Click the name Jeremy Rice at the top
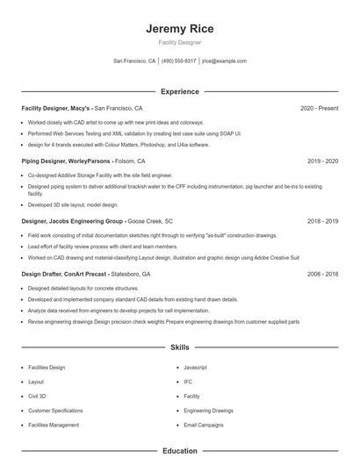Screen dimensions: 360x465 click(x=179, y=29)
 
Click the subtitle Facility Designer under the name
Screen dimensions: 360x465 click(x=179, y=42)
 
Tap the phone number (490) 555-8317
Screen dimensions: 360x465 click(x=179, y=61)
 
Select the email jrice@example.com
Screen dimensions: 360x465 click(x=224, y=61)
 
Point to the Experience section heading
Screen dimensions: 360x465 click(x=179, y=91)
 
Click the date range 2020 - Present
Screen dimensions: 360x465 click(x=319, y=108)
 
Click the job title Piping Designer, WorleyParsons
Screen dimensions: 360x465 click(x=66, y=161)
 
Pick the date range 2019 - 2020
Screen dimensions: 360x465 click(x=322, y=161)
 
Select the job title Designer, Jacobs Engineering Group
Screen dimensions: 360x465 click(x=72, y=221)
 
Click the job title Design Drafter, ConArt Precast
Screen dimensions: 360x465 click(x=65, y=274)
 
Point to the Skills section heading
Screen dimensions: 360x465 click(x=179, y=347)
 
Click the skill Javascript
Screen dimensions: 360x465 click(x=195, y=368)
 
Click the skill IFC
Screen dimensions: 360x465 click(x=188, y=382)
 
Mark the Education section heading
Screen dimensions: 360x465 click(x=179, y=451)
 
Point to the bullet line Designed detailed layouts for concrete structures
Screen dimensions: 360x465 click(x=83, y=288)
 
